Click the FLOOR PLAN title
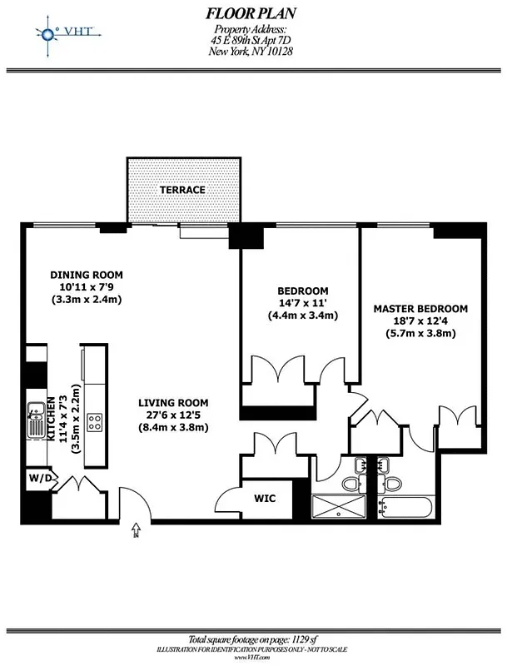coord(250,13)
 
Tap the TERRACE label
coord(183,190)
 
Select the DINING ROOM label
coord(87,275)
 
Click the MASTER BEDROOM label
coord(420,309)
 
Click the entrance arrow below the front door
coord(135,536)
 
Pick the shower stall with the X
coord(339,507)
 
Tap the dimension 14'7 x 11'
coord(302,303)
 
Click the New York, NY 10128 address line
coord(250,51)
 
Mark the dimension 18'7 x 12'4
coord(420,321)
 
